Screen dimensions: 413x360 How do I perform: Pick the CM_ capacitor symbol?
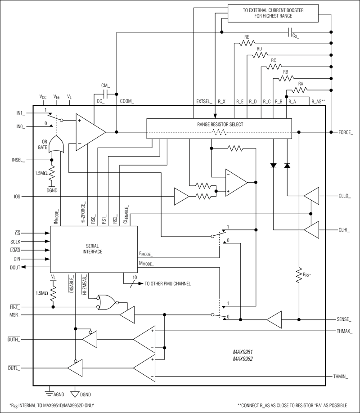[x=106, y=94]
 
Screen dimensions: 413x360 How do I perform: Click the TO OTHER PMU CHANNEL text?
[x=167, y=284]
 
